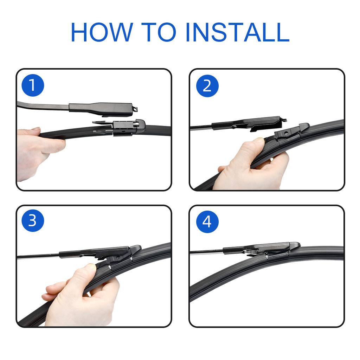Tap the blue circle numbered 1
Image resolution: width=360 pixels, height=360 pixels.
pos(33,85)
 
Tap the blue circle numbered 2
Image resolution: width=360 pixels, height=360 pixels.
pos(207,85)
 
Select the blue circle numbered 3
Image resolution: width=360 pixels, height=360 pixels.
pos(33,221)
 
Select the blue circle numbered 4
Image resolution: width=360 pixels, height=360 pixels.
pos(207,221)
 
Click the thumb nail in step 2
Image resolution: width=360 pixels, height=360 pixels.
pos(259,141)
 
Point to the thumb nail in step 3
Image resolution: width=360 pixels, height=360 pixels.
pos(91,267)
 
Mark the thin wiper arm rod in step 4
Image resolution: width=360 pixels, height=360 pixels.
pos(206,251)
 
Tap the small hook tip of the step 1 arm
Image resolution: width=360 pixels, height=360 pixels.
pos(135,109)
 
